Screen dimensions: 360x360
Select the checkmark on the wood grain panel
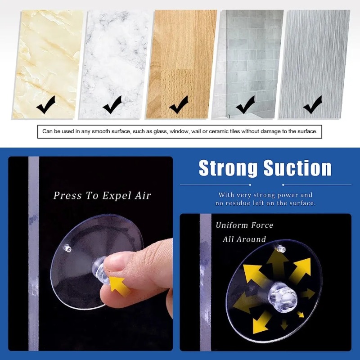coord(179,105)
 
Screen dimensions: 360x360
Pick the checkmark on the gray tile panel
coord(245,105)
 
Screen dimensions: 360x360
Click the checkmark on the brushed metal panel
coord(312,105)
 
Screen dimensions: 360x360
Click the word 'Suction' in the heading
coord(297,168)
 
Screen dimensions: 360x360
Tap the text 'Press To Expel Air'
coord(102,195)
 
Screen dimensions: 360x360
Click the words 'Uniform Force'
coord(244,225)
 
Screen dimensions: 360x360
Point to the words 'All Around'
coord(244,239)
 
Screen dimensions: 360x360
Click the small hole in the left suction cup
coord(67,247)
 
